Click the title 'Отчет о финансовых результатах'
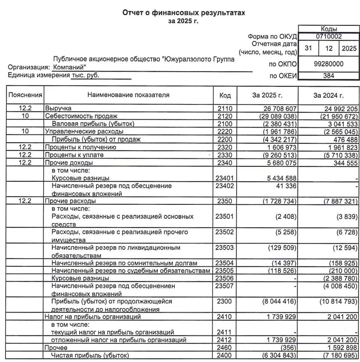click(x=183, y=13)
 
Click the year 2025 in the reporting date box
click(x=349, y=48)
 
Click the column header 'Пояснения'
click(x=25, y=95)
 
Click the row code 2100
click(x=225, y=124)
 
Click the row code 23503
click(x=225, y=248)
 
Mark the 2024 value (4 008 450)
click(x=337, y=286)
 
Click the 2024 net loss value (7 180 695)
click(x=337, y=356)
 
